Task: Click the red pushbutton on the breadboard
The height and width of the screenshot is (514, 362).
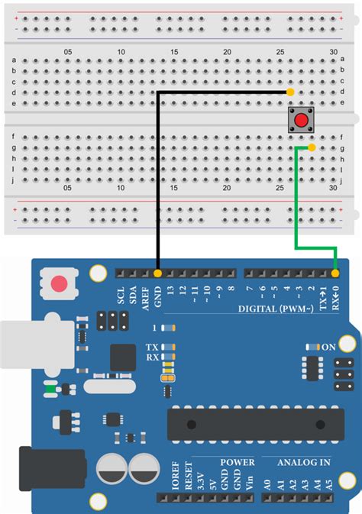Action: [x=302, y=120]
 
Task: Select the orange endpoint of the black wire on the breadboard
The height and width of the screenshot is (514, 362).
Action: [x=290, y=92]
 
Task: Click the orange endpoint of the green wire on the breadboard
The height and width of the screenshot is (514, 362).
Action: [x=312, y=147]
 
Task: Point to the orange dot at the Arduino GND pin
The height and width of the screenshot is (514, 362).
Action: [x=157, y=273]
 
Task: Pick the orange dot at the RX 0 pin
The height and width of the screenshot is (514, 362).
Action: [x=335, y=273]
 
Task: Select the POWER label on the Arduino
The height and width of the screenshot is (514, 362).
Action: [x=238, y=462]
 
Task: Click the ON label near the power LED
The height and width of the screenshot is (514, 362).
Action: [x=329, y=347]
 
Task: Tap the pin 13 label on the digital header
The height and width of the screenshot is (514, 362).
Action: [x=170, y=289]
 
